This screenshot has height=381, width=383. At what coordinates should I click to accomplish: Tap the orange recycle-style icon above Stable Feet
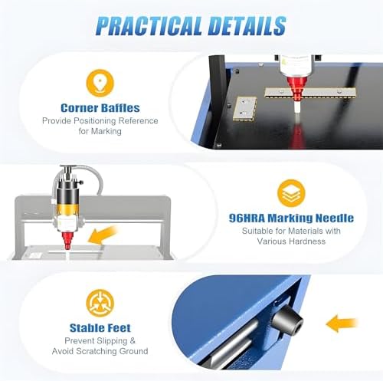(100, 300)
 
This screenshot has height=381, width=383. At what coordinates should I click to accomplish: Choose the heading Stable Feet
(100, 327)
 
